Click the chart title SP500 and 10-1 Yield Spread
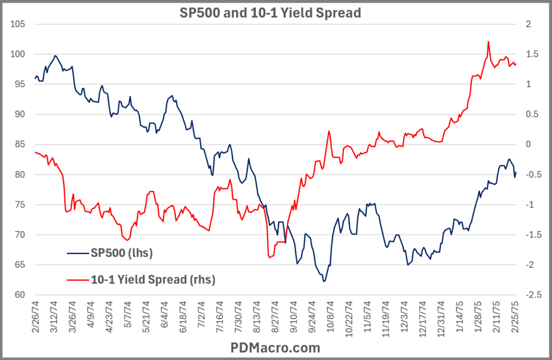270,12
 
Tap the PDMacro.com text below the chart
275,348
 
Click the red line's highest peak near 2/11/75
488,41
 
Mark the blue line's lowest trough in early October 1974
324,281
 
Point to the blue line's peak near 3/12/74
55,56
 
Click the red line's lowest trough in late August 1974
269,257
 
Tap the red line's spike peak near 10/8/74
328,131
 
